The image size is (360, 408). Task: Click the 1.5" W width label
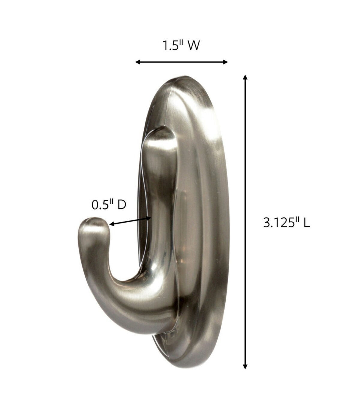(181, 46)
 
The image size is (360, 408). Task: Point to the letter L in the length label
(306, 223)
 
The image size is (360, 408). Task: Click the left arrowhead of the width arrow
(137, 62)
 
